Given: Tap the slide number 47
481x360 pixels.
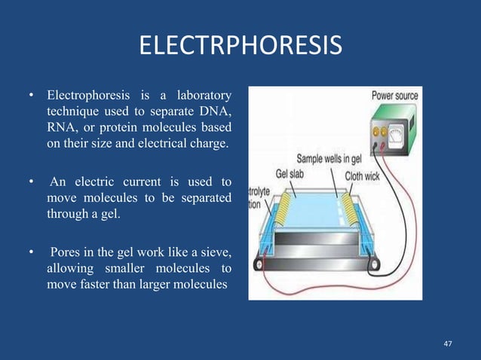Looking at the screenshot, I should [448, 343].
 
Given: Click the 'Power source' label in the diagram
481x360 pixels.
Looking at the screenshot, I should [394, 96].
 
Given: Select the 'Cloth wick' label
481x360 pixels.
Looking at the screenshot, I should [365, 175].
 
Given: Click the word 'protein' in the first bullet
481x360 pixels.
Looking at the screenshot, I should [127, 128].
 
